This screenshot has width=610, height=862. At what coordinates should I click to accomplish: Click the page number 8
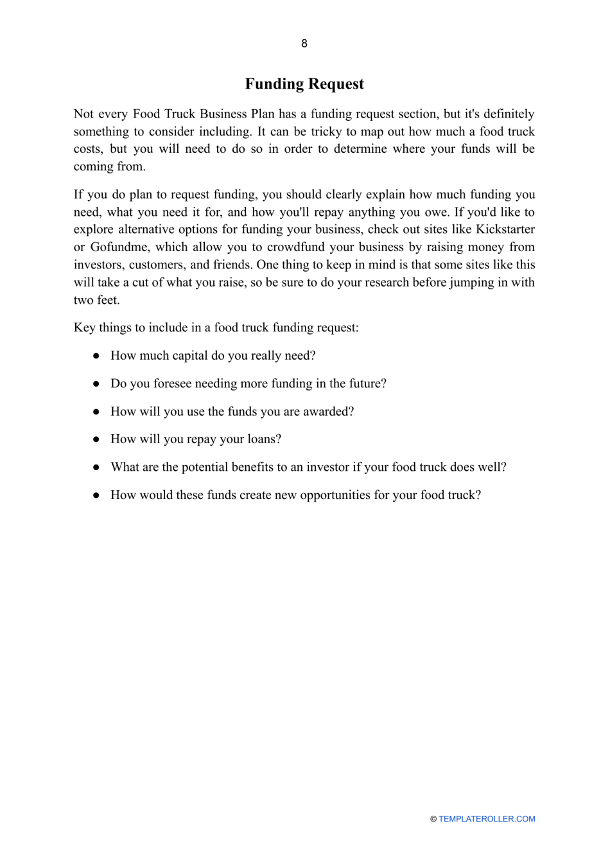(304, 44)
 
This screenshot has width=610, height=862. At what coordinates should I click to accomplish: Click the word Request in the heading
(335, 84)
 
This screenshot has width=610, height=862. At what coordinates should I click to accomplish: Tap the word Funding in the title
(274, 84)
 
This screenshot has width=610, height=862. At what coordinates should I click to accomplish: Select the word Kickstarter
(505, 229)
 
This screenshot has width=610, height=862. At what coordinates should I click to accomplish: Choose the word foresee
(176, 383)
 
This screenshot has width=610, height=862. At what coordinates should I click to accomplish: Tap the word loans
(264, 439)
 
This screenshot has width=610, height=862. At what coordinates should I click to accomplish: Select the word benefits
(248, 467)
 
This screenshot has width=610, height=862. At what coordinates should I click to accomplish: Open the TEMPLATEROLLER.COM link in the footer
(487, 819)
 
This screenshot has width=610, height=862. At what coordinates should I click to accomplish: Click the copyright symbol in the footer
(433, 819)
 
